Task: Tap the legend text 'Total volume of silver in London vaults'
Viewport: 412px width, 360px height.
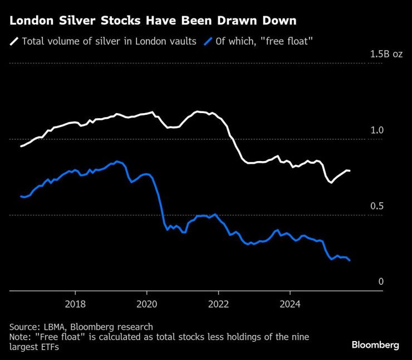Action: [109, 41]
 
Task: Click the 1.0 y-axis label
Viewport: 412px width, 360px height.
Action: [377, 130]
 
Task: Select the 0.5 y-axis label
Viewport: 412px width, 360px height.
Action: [377, 206]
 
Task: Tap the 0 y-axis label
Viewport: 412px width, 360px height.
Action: [381, 282]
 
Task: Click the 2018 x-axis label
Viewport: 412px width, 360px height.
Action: [75, 304]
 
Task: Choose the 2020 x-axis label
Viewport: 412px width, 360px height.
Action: [146, 304]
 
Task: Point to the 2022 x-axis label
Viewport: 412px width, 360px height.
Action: [218, 304]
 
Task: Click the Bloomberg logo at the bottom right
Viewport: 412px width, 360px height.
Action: [375, 345]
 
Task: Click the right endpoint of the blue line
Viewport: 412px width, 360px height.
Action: [350, 260]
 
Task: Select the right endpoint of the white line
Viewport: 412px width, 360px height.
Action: [350, 171]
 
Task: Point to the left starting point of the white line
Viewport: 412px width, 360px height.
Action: [21, 146]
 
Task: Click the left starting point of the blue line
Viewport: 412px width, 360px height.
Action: [21, 196]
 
